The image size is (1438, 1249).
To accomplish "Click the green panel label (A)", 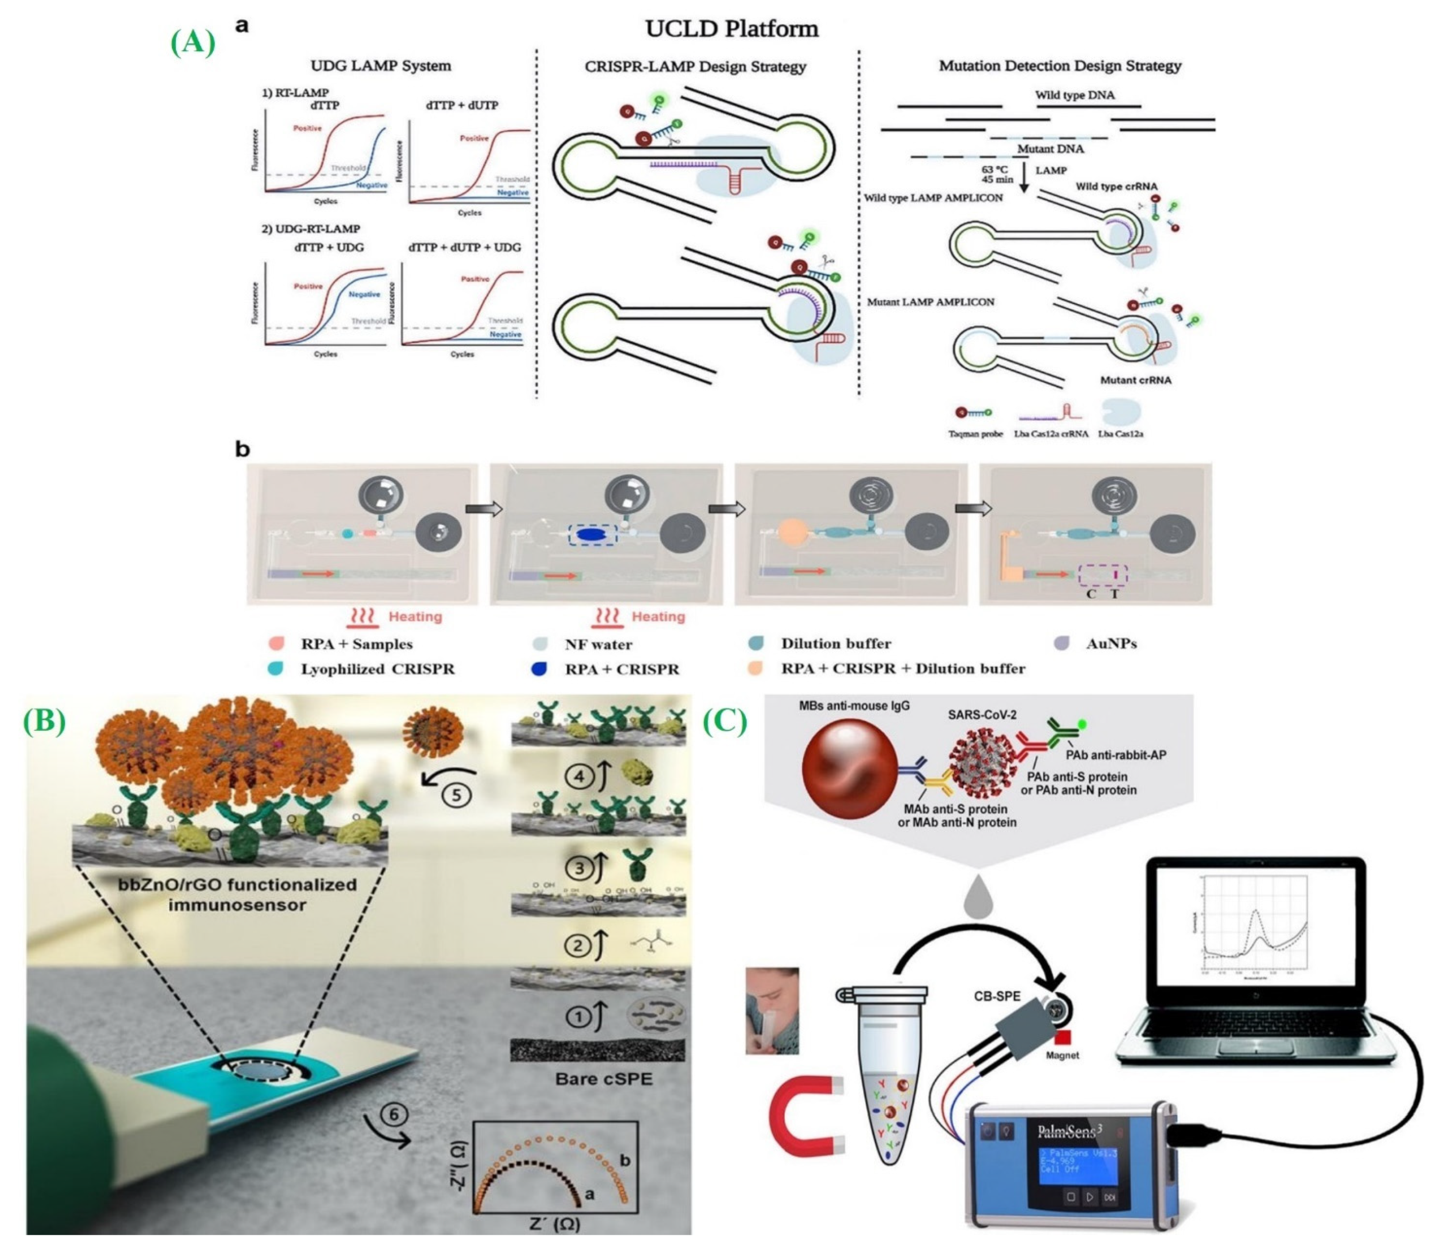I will pyautogui.click(x=192, y=43).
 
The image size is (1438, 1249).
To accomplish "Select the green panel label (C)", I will pyautogui.click(x=725, y=722).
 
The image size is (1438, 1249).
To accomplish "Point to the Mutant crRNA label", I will pyautogui.click(x=1135, y=380).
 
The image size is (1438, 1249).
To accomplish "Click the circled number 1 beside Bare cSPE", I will pyautogui.click(x=577, y=1018).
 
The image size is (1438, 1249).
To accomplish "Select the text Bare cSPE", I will pyautogui.click(x=604, y=1079).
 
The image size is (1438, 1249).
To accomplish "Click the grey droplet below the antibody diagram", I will pyautogui.click(x=978, y=897).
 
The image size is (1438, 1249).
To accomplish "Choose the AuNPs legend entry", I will pyautogui.click(x=1110, y=644).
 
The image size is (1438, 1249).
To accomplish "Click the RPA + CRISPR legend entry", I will pyautogui.click(x=621, y=669).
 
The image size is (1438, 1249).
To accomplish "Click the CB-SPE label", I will pyautogui.click(x=996, y=997).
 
